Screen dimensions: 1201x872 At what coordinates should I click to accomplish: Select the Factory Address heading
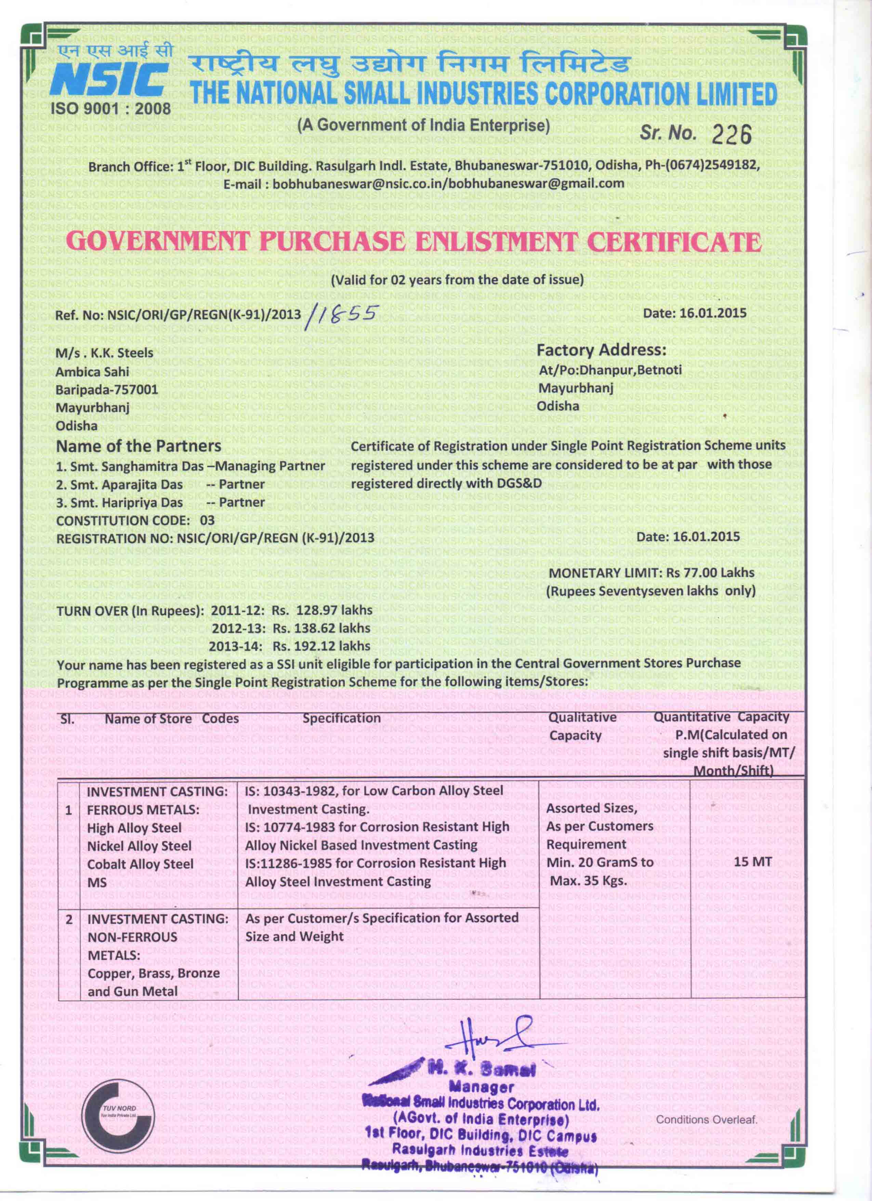click(601, 350)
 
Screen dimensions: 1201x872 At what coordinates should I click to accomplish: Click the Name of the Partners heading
click(139, 446)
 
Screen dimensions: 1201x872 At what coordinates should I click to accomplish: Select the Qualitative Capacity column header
click(582, 726)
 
